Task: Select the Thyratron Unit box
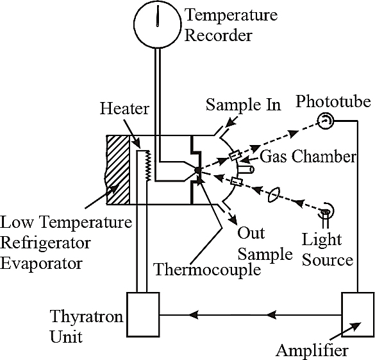[x=143, y=314]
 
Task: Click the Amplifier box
[x=358, y=314]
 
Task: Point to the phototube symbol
[x=325, y=121]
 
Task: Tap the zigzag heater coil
[x=149, y=166]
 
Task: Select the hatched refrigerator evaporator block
[x=118, y=170]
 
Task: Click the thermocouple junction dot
[x=197, y=170]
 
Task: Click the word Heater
[x=124, y=108]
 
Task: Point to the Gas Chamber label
[x=308, y=157]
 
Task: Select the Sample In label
[x=243, y=105]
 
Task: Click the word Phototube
[x=333, y=101]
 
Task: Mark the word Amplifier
[x=312, y=351]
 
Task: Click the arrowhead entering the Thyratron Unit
[x=194, y=314]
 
